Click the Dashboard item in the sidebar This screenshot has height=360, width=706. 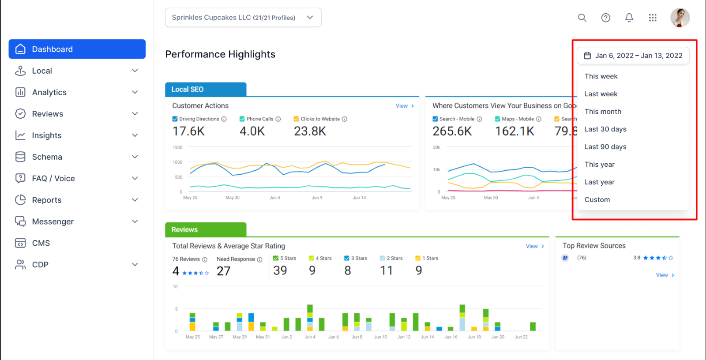(77, 49)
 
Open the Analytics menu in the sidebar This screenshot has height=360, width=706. (77, 92)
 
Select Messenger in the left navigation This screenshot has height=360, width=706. (77, 221)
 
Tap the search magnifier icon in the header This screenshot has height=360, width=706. (582, 18)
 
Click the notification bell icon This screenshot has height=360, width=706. (629, 18)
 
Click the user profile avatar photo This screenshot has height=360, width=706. (680, 18)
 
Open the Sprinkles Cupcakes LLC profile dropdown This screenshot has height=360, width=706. (243, 18)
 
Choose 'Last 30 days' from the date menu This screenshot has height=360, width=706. (605, 129)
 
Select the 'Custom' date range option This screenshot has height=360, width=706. (597, 200)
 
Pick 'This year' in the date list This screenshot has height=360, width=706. (600, 165)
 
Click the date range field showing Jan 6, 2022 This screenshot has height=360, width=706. (633, 56)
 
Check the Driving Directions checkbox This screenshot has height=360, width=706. (175, 119)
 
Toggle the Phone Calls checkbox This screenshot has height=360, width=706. (242, 119)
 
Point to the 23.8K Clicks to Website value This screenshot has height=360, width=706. (310, 131)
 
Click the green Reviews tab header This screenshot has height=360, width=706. (206, 229)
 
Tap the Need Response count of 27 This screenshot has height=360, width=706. (223, 271)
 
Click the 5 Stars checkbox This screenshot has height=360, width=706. (276, 258)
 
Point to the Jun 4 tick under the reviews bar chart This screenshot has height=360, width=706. (310, 337)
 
